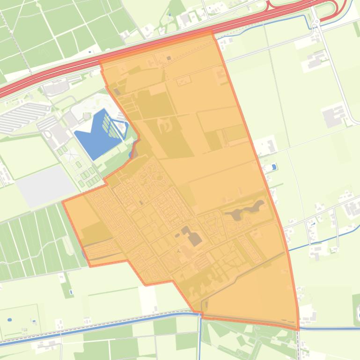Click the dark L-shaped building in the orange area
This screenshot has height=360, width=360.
coord(192,236)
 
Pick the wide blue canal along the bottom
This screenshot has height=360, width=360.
coord(117,322)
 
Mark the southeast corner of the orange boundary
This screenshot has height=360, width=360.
coord(298,329)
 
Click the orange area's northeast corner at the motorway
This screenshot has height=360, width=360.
coord(213,32)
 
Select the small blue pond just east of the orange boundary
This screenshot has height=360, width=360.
coord(274,166)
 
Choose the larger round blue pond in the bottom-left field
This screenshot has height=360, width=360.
coord(10,320)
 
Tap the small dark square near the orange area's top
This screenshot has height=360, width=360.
coord(169,58)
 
